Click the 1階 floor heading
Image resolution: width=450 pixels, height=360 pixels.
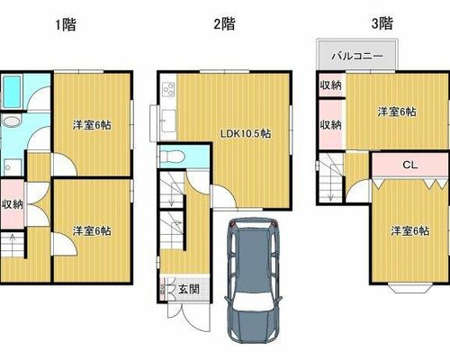(x=66, y=24)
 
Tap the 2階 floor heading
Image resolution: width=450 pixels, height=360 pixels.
(x=224, y=23)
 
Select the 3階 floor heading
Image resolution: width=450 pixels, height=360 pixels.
(x=382, y=23)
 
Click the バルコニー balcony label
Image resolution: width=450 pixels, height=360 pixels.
(x=357, y=56)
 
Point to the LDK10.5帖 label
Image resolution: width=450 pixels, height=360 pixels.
(x=246, y=133)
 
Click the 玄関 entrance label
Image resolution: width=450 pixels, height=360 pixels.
(x=189, y=289)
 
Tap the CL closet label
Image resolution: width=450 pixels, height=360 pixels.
(x=409, y=165)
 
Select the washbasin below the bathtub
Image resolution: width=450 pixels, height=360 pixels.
(x=12, y=121)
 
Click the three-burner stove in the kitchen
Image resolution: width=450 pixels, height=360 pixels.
(x=168, y=89)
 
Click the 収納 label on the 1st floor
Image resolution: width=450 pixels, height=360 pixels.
(x=13, y=204)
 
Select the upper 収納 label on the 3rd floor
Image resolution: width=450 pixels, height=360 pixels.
(x=330, y=85)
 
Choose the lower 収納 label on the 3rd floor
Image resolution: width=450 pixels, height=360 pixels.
(x=330, y=125)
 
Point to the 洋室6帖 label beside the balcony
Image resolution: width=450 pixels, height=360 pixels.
(x=397, y=112)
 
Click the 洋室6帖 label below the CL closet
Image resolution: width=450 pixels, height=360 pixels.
(x=409, y=231)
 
